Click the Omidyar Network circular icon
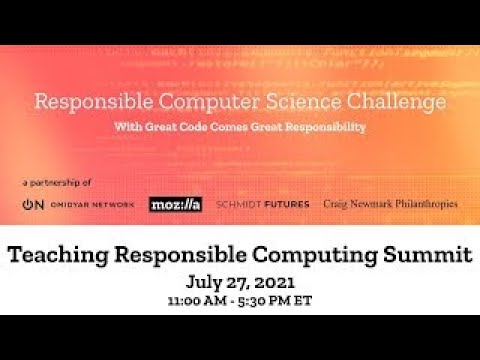point(32,204)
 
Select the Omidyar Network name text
point(92,204)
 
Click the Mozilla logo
point(175,204)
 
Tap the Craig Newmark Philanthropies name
point(390,204)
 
